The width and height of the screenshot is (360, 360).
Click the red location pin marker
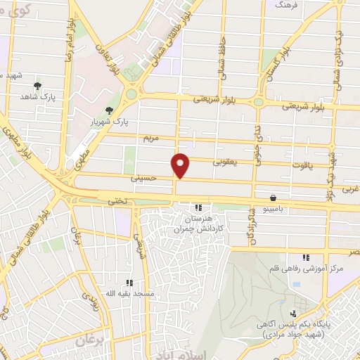(181, 165)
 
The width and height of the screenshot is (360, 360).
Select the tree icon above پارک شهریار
(108, 110)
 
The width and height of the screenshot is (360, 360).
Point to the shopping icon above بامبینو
(272, 198)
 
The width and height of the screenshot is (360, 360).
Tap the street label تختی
(116, 201)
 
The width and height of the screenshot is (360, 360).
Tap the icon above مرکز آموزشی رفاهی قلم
(304, 258)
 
